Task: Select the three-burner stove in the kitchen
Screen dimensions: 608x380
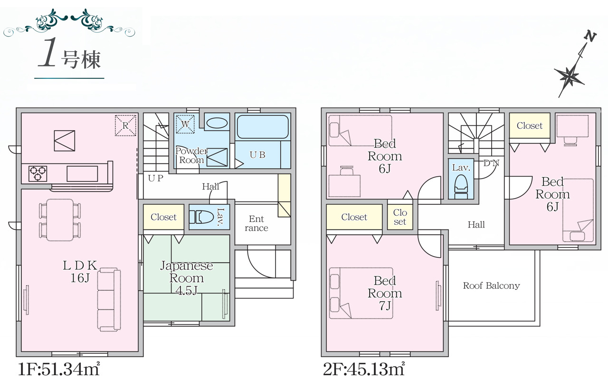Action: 38,174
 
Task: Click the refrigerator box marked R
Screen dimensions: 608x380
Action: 125,125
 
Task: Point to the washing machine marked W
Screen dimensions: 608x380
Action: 185,124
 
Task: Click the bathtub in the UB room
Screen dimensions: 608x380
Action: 263,127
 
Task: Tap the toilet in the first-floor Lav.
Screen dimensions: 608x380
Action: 201,217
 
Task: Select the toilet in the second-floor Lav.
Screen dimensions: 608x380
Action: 461,187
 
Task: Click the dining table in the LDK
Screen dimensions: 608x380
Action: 60,220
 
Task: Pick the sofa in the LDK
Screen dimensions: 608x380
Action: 109,299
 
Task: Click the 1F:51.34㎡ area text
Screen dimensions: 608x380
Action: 59,370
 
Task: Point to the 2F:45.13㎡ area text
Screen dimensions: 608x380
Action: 364,370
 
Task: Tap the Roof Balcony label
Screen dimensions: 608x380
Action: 491,285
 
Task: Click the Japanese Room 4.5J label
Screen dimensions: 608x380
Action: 187,278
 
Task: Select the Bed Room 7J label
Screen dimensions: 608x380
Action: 385,293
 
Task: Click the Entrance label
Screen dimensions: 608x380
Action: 256,223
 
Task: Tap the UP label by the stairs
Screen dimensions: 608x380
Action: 155,178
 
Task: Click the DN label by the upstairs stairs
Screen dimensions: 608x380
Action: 491,163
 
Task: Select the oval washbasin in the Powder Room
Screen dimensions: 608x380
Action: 217,123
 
